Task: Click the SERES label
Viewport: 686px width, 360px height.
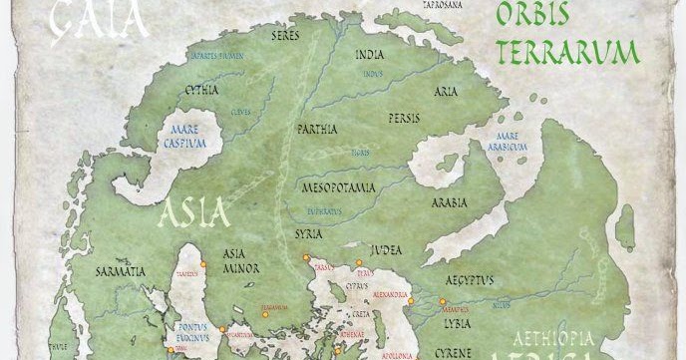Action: coord(288,35)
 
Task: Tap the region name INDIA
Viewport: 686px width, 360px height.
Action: coord(372,56)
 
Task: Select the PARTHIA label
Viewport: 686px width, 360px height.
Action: coord(317,129)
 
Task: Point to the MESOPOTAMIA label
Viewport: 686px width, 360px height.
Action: coord(338,186)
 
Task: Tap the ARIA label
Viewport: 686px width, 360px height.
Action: coord(446,91)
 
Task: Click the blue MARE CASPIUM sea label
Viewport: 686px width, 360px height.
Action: coord(186,137)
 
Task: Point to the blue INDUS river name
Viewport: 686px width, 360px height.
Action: coord(374,73)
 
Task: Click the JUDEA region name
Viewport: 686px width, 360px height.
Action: coord(387,250)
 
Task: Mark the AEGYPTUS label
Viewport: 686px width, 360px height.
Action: coord(468,280)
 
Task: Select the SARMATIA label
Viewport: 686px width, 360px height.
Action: coord(121,270)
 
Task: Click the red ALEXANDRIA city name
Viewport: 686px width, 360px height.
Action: coord(392,295)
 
